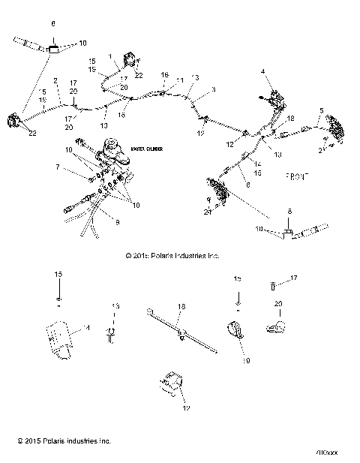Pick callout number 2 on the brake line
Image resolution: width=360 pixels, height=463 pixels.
pos(55,80)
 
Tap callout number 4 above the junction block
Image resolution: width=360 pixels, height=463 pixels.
pos(263,71)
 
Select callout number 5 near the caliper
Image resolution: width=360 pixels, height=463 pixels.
pos(321,111)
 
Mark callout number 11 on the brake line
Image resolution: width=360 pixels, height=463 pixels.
pos(179,80)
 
